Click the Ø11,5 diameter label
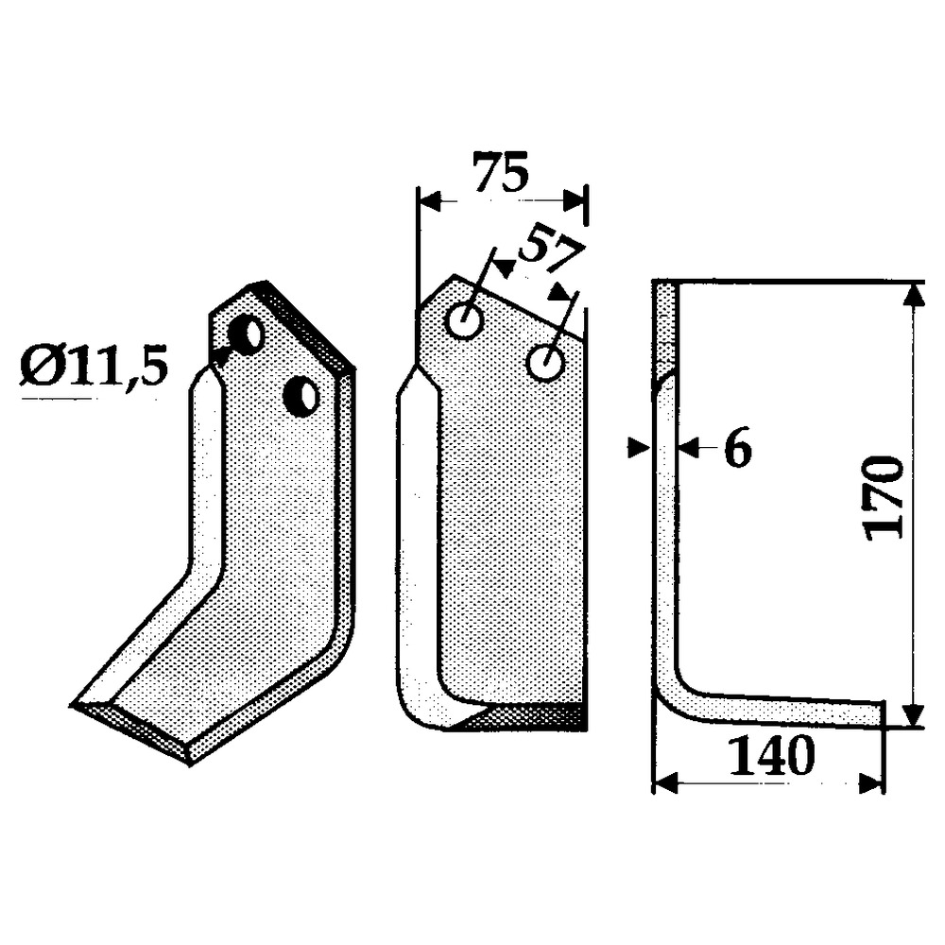[94, 369]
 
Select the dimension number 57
[550, 250]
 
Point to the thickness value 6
[737, 448]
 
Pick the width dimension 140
[771, 756]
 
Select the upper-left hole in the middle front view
[465, 320]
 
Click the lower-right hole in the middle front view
[545, 363]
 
